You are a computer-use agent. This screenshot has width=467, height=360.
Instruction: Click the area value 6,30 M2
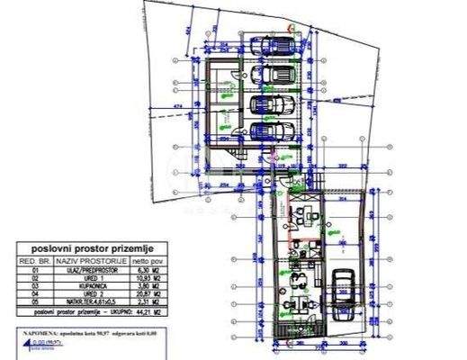coord(132,268)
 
